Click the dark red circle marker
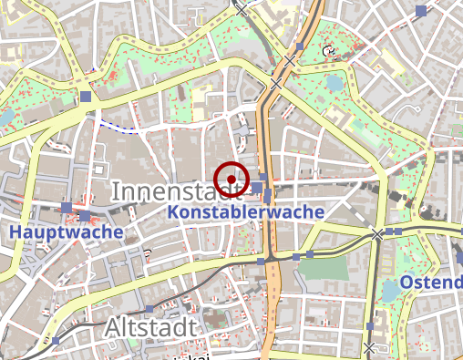click(x=232, y=179)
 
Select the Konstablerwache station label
click(x=247, y=211)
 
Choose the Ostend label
click(x=430, y=281)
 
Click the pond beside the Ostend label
click(x=391, y=289)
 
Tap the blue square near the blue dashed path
click(x=85, y=96)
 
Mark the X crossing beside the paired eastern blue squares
click(x=377, y=234)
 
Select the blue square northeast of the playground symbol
click(x=421, y=11)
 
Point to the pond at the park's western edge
click(x=7, y=118)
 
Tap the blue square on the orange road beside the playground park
click(x=299, y=46)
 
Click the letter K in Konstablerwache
click(x=173, y=211)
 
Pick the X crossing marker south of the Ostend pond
click(x=368, y=347)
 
